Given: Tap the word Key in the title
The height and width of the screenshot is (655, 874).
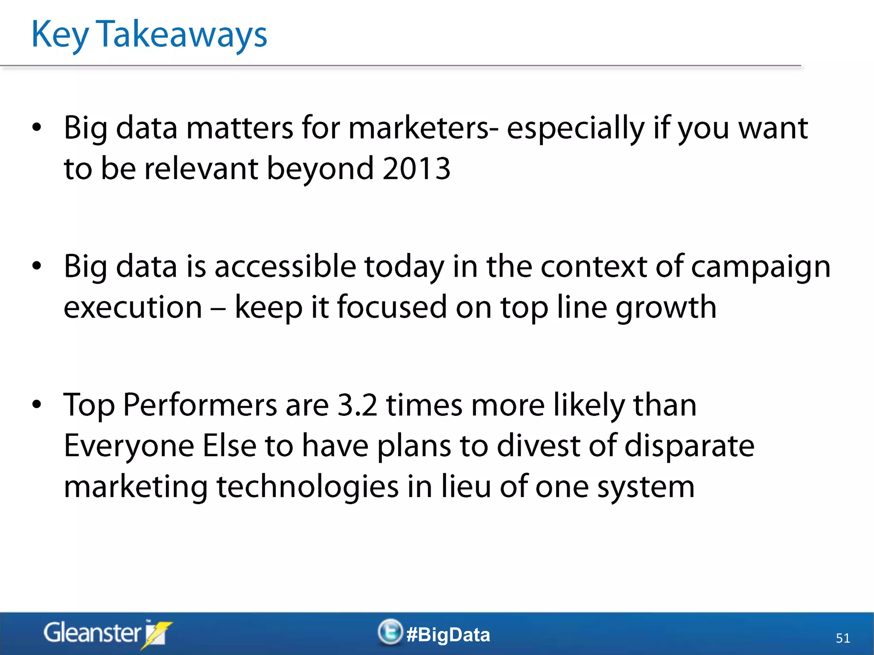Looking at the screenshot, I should (60, 35).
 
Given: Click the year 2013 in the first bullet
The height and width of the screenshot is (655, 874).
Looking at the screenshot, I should (416, 168).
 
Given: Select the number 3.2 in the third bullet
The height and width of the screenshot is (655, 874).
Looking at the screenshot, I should (357, 405).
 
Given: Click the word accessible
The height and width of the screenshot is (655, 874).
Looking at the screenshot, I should (285, 266).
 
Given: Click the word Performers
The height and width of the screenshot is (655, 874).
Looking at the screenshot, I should (200, 405).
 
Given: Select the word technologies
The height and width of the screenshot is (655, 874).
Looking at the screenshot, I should (308, 487).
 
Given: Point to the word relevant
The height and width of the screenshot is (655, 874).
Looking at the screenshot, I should (201, 168).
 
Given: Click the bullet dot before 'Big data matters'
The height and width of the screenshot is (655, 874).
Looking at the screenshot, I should (37, 127).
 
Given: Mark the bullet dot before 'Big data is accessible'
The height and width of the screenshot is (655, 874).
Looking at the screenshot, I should (37, 266).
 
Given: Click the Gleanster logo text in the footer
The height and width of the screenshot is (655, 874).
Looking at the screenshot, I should (92, 633).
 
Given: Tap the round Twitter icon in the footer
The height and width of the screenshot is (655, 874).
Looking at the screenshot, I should (390, 632).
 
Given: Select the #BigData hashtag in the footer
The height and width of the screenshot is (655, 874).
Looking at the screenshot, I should (448, 635).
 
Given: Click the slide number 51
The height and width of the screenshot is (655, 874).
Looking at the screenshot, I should (843, 638).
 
